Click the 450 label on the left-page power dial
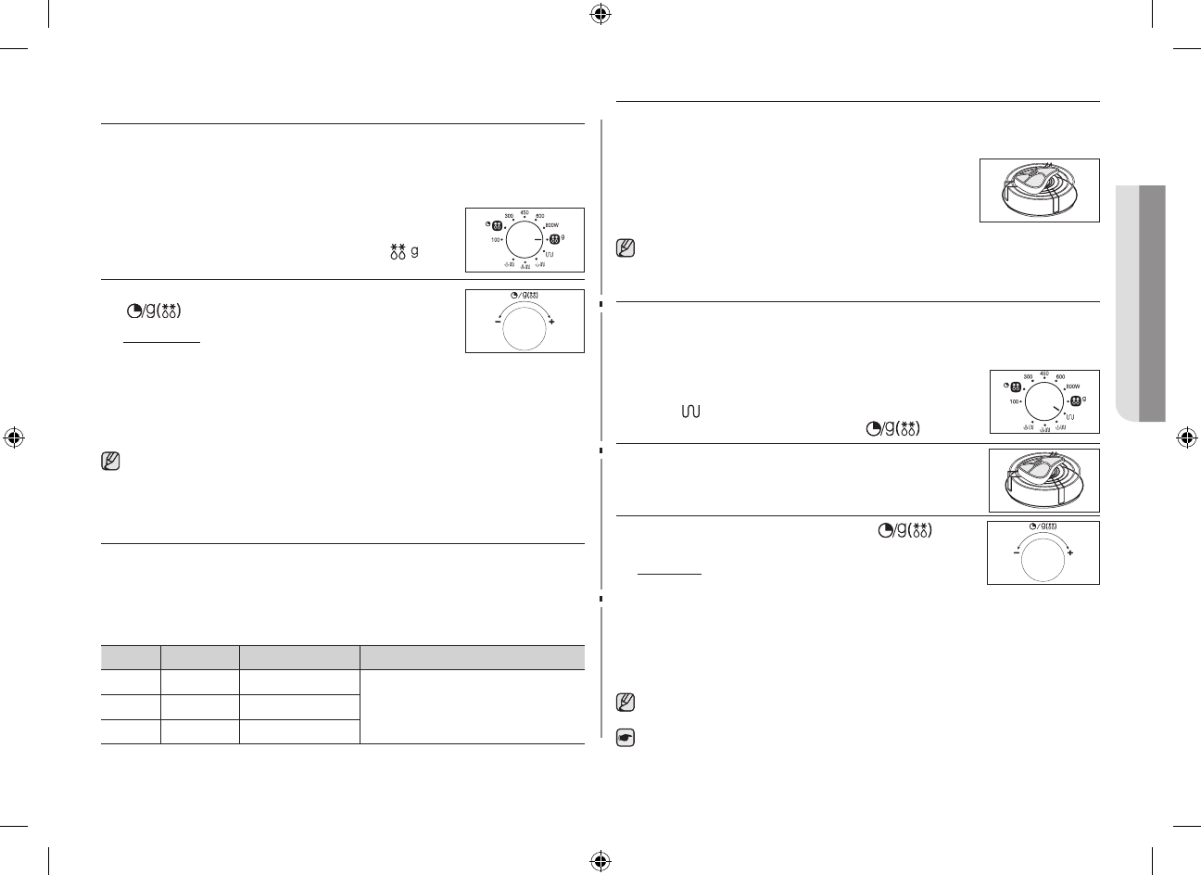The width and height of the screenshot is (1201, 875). tap(524, 212)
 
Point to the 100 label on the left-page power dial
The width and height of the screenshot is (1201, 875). tap(497, 240)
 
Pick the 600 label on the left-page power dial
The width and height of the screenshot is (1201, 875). tap(539, 216)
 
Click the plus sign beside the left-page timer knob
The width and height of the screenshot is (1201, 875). tap(552, 321)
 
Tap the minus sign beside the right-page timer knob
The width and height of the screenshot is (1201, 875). tap(1016, 552)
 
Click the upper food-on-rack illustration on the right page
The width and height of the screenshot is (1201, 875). tap(1039, 190)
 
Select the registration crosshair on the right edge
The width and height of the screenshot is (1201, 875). tap(1185, 437)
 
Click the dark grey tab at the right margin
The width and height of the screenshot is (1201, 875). tap(1151, 301)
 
